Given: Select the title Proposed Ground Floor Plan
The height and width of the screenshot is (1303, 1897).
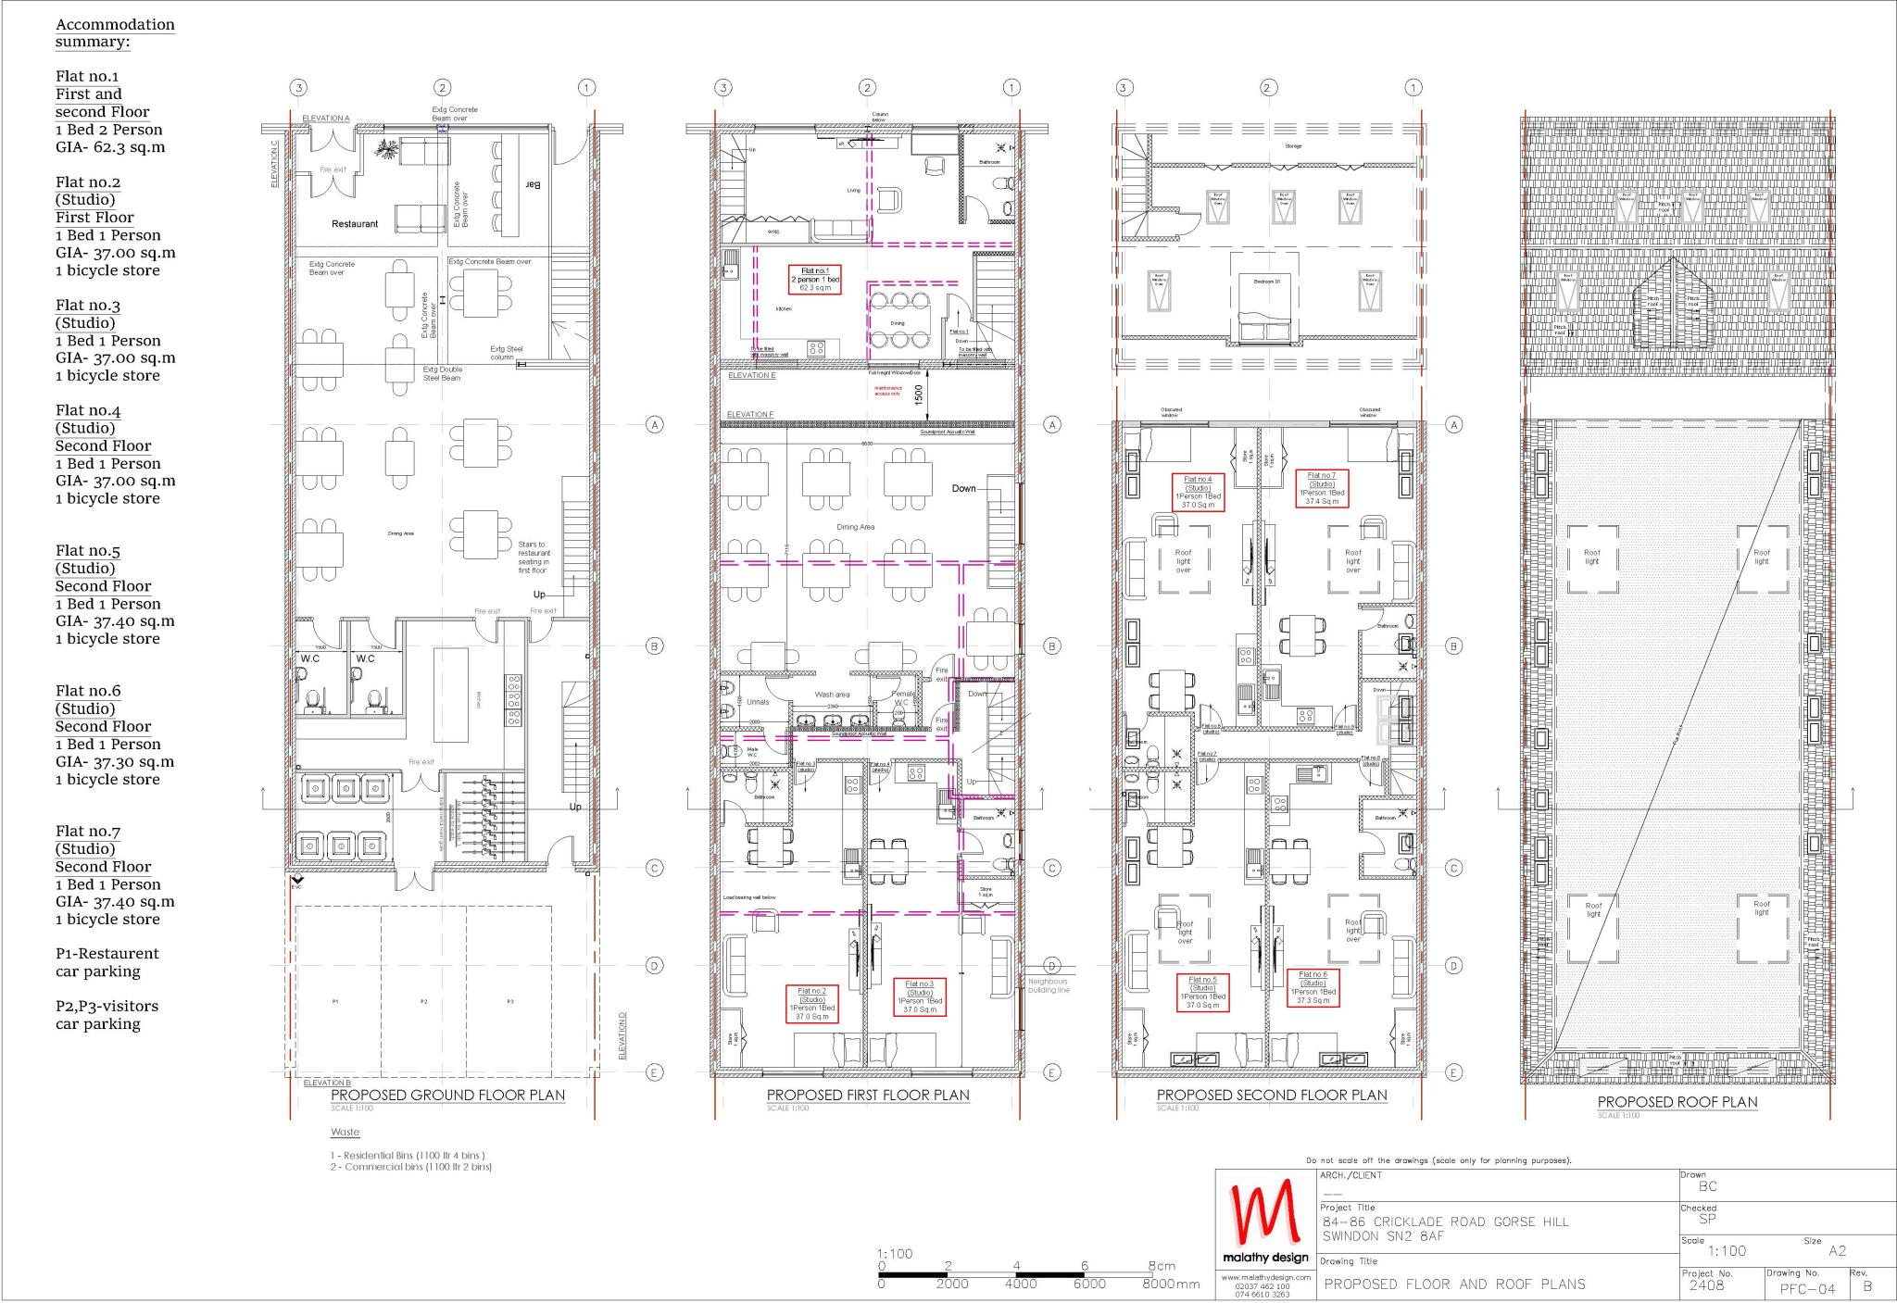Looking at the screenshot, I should tap(447, 1095).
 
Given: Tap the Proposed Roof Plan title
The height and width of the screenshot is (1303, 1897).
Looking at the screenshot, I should tap(1677, 1102).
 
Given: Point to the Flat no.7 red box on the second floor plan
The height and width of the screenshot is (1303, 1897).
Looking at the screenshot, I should tap(1322, 488).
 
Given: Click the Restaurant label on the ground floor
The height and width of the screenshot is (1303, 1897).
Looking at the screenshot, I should tap(355, 224).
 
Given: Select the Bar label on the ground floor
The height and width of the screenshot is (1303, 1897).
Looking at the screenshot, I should tap(534, 185).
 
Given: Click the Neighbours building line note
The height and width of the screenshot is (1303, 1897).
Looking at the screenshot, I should tap(1048, 985).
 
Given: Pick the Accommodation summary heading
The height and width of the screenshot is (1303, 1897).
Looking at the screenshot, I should tap(115, 33).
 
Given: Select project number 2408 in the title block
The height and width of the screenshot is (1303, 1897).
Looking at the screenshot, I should tap(1706, 1285).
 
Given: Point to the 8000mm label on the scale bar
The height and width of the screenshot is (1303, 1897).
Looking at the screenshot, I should tap(1170, 1284).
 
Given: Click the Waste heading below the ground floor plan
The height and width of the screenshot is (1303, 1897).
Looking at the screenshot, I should tap(345, 1133).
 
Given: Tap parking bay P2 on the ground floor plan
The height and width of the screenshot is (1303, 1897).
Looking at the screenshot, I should tap(423, 1002).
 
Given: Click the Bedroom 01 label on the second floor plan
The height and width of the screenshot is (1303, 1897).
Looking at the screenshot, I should tap(1266, 281).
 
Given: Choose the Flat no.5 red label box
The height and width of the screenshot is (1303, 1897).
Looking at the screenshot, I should tap(1202, 993).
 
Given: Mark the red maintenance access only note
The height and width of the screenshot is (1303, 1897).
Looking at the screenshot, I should tap(887, 391).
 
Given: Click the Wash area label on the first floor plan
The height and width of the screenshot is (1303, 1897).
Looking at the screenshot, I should tap(832, 695).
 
